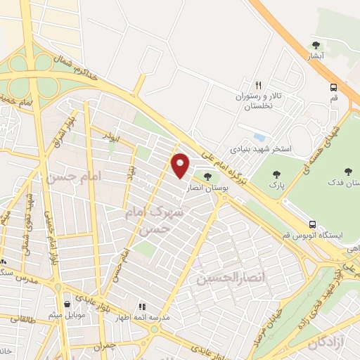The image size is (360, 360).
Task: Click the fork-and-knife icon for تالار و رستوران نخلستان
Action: [x=259, y=84]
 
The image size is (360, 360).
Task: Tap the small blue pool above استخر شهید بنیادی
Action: [x=259, y=136]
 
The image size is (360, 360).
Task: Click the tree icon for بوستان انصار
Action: [x=207, y=177]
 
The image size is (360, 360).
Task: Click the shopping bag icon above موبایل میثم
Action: [x=66, y=304]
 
